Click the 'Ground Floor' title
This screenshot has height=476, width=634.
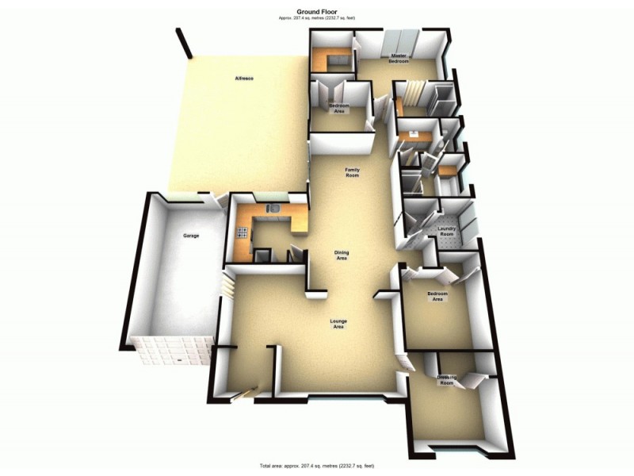pos(316,10)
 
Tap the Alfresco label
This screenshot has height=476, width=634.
pos(243,78)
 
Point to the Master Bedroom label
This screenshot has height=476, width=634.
pos(398,58)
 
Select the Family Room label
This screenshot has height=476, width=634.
pos(352,171)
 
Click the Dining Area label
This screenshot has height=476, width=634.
pos(342,255)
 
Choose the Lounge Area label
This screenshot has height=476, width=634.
pos(338,324)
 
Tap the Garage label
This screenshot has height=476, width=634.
pos(191,236)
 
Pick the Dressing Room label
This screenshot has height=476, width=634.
pos(447,381)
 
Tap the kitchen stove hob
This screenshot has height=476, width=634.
pos(241,232)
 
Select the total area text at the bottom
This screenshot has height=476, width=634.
pos(316,465)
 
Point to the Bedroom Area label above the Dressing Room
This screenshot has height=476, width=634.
pos(437,296)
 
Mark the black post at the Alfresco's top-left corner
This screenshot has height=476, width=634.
pos(185,44)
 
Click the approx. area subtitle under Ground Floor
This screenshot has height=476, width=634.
pos(316,17)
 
